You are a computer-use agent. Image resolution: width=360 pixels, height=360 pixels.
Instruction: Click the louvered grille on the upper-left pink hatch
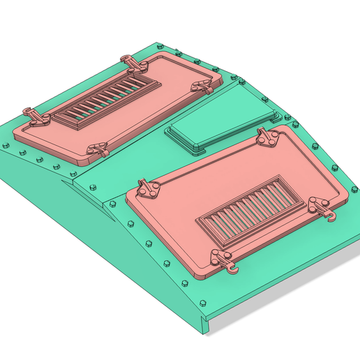click(108, 100)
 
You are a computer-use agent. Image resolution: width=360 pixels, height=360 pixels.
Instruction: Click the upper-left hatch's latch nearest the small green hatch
click(202, 86)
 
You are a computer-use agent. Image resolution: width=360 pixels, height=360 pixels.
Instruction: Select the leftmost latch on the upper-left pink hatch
click(35, 117)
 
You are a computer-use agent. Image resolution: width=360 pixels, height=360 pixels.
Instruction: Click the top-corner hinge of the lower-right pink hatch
click(266, 138)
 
